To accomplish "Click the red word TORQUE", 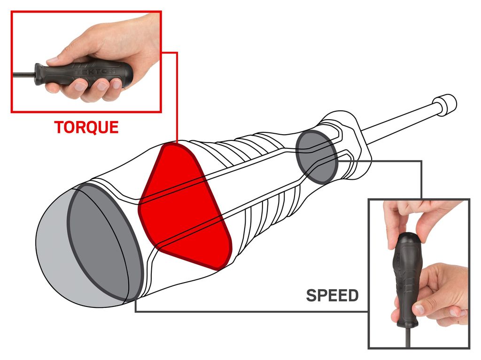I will (x=86, y=127).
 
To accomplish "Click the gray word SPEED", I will (x=332, y=295).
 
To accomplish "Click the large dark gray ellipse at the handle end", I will (x=103, y=242).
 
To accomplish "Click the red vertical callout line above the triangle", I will (x=177, y=94).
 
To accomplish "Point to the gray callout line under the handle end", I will (x=249, y=312).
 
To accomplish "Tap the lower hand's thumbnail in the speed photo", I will (x=419, y=309).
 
